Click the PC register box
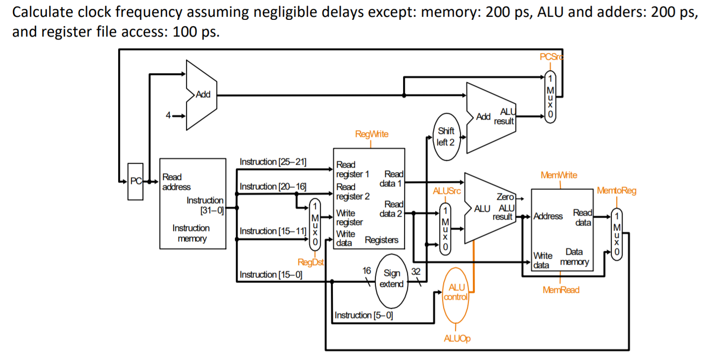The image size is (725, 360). (x=135, y=181)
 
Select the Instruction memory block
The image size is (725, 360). (x=191, y=203)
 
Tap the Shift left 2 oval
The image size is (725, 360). (x=446, y=136)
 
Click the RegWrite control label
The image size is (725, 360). (x=371, y=134)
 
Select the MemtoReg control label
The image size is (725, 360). (x=616, y=190)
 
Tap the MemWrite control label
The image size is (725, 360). (x=559, y=175)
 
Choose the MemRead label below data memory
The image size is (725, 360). (x=561, y=290)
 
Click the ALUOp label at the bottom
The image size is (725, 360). (x=457, y=338)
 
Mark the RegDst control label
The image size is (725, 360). (x=310, y=262)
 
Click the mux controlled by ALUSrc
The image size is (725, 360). (x=445, y=228)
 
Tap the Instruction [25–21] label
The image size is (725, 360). (x=272, y=162)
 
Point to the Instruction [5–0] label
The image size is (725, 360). (x=363, y=315)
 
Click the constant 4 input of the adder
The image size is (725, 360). (x=169, y=116)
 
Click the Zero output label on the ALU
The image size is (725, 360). (x=505, y=197)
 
